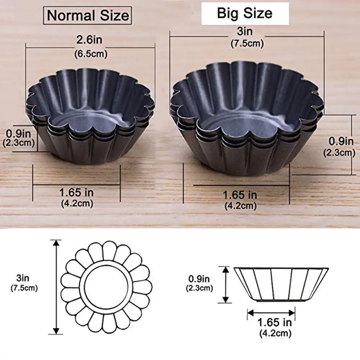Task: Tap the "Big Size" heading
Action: click(245, 13)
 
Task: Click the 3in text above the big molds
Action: click(247, 32)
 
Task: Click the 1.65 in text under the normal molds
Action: click(76, 192)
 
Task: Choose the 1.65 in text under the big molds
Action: click(240, 195)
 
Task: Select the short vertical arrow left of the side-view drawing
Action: click(225, 284)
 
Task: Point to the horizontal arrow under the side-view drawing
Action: click(272, 313)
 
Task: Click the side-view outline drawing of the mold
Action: click(281, 284)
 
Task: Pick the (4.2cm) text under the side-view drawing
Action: click(275, 333)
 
